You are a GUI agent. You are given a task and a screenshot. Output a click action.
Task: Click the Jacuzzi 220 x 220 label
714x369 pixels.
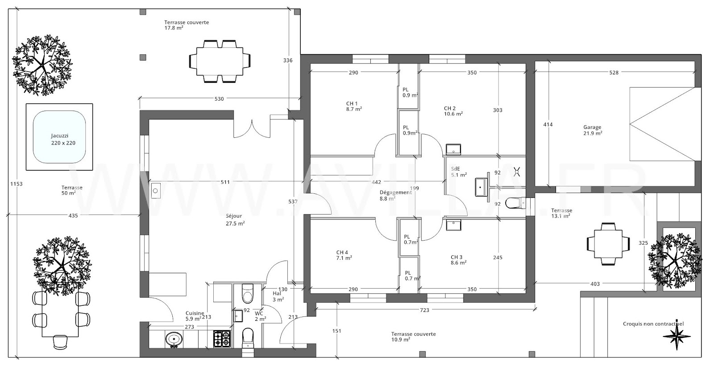point(63,139)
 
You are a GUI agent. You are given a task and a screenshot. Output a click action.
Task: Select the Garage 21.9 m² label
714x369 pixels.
point(592,130)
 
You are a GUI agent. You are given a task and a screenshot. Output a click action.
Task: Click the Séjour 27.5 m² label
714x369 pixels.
point(235,220)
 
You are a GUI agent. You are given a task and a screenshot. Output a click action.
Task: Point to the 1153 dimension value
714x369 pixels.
point(16,184)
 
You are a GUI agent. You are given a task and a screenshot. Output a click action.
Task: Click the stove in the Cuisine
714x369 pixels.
point(222,339)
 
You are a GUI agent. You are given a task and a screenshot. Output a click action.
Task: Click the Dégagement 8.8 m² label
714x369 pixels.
point(395,195)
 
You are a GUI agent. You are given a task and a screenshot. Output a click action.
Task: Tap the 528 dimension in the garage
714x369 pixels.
point(614,72)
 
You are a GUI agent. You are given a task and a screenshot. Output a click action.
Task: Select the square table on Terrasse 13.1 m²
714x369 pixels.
point(608,244)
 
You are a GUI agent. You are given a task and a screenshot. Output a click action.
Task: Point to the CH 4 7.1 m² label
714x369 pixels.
point(344,255)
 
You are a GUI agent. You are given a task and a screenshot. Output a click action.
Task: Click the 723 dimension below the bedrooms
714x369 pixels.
point(424,310)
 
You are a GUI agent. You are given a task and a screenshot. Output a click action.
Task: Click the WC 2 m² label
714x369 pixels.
point(260,316)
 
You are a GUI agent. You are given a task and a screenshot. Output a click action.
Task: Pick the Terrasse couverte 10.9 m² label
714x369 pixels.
point(413,336)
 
